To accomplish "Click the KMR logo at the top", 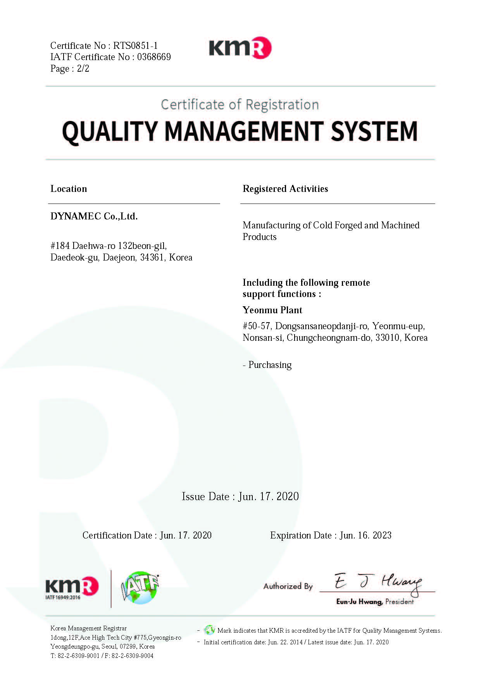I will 240,48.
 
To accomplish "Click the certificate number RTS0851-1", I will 135,46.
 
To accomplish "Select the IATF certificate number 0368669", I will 154,57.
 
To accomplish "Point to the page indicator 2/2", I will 83,69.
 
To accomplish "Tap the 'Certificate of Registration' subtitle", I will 240,105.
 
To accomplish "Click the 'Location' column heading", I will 69,189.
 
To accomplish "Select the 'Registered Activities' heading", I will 285,189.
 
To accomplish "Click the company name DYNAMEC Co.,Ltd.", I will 94,216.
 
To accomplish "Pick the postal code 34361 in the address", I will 152,257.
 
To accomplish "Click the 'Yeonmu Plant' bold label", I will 272,310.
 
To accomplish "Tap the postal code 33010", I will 387,338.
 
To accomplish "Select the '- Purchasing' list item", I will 267,365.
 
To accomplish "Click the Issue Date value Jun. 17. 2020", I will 269,497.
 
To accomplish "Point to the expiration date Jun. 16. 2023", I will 365,535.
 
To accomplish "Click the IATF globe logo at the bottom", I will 140,588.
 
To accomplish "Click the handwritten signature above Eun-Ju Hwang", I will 378,583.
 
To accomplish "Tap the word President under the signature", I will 399,602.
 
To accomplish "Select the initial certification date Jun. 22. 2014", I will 285,642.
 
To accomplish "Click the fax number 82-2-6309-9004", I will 133,656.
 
